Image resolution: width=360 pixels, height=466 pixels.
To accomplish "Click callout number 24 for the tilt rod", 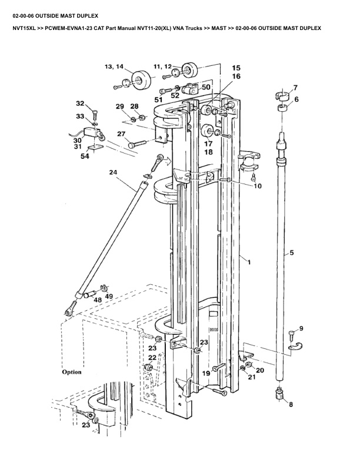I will pos(113,172).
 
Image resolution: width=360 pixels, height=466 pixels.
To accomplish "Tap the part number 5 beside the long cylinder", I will pos(292,254).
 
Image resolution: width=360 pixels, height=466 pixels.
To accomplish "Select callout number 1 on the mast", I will pos(249,261).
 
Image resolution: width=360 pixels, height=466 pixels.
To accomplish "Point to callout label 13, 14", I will pos(114,67).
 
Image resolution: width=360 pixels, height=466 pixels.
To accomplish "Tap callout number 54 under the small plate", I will pos(85,157).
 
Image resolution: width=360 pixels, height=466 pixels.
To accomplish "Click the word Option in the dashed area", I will pos(72,372).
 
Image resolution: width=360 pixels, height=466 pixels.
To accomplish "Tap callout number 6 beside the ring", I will pos(296,99).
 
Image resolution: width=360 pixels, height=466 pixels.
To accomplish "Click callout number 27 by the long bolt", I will pos(121,134).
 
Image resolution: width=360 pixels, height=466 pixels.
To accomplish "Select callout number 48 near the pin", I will pos(98,299).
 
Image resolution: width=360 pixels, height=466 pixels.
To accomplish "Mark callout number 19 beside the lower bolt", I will pos(206,373).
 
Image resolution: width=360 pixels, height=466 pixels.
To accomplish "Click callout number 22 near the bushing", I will pos(152,357).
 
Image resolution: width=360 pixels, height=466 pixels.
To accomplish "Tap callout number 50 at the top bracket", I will pos(206,86).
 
